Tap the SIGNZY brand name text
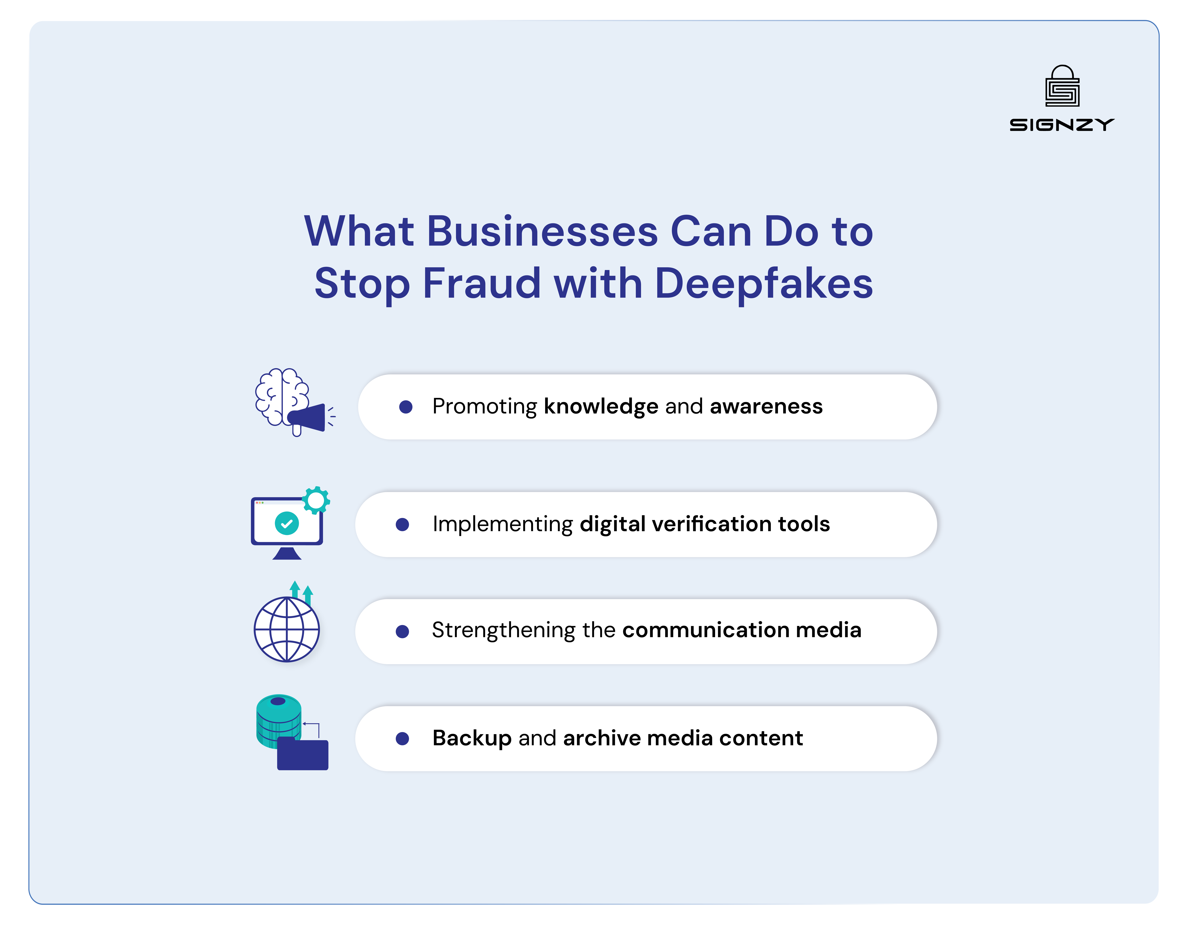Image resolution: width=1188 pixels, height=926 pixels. [x=1062, y=125]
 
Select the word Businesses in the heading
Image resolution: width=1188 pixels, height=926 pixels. [x=542, y=232]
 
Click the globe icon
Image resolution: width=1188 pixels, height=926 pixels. [x=287, y=629]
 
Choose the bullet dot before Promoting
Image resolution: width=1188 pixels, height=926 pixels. [x=406, y=407]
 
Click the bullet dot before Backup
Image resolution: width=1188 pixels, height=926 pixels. [x=403, y=738]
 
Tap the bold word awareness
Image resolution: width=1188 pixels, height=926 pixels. [x=766, y=406]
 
